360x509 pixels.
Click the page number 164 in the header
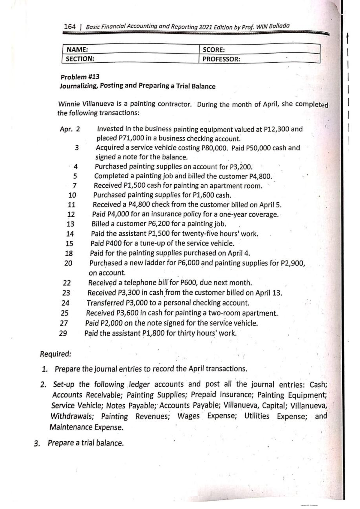(x=70, y=26)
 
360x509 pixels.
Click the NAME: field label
(x=77, y=50)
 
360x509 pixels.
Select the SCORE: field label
(x=214, y=50)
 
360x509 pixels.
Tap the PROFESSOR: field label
(x=221, y=59)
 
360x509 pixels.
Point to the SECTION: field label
(x=80, y=59)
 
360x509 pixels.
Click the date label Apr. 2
(x=70, y=129)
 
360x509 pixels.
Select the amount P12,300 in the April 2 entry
(x=276, y=129)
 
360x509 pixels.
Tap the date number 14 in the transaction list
(x=70, y=234)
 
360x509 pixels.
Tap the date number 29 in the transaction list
(x=63, y=333)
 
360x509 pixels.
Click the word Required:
(x=56, y=354)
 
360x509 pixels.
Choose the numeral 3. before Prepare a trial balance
(x=37, y=443)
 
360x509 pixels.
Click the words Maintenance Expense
(x=86, y=427)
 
